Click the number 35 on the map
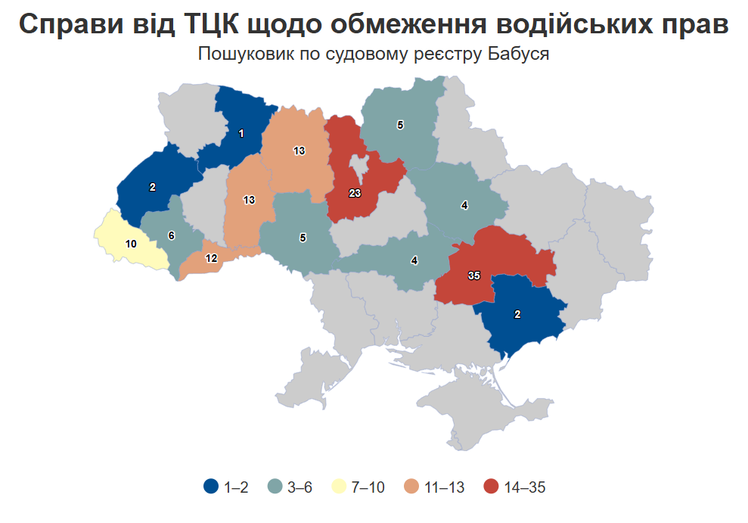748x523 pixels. pyautogui.click(x=474, y=276)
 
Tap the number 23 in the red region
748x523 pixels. pyautogui.click(x=355, y=193)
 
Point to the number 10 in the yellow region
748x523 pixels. pyautogui.click(x=131, y=244)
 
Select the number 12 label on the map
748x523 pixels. pyautogui.click(x=212, y=258)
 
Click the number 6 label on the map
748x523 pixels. pyautogui.click(x=172, y=235)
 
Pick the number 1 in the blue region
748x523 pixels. pyautogui.click(x=241, y=133)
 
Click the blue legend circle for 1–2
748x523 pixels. pyautogui.click(x=212, y=487)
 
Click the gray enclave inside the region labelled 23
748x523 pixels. pyautogui.click(x=358, y=167)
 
